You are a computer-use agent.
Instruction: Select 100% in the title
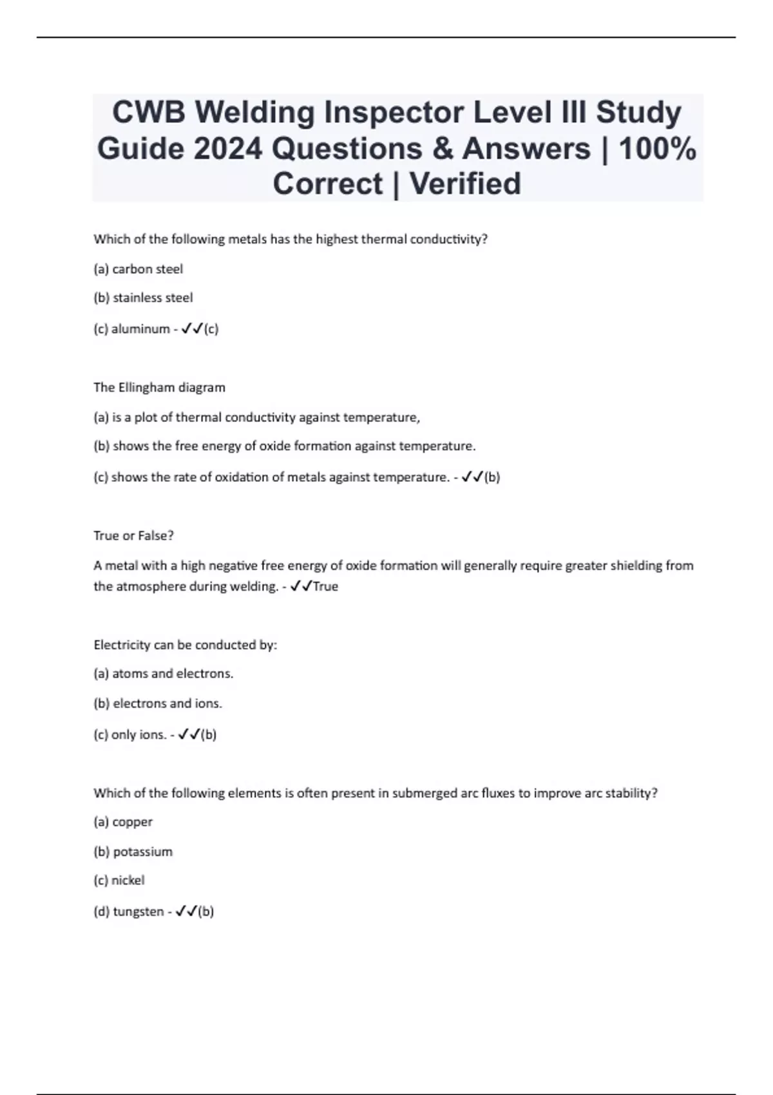(657, 149)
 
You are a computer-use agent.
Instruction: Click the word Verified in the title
(465, 184)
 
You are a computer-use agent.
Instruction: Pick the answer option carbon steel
(147, 269)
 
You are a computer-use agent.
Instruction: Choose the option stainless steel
(153, 298)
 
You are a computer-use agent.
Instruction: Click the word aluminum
(140, 329)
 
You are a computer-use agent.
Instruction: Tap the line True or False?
(134, 536)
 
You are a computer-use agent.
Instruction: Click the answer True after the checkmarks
(325, 587)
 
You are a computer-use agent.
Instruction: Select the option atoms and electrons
(172, 674)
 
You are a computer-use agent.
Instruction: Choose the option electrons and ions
(167, 704)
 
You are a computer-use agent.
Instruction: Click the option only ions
(138, 735)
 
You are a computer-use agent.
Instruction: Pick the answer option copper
(132, 823)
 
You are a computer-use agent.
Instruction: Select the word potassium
(142, 852)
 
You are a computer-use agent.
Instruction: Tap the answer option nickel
(128, 881)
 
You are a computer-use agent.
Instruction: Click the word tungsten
(138, 912)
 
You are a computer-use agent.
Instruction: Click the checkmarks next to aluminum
(191, 328)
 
